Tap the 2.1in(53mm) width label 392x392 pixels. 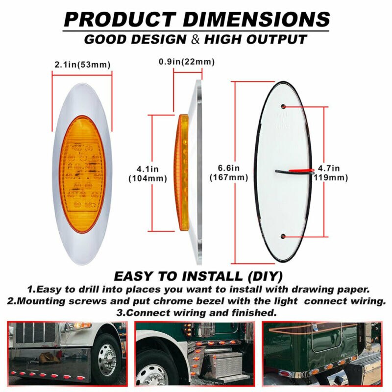click(82, 65)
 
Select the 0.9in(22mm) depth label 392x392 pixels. click(187, 62)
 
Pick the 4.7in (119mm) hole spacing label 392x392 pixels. click(332, 173)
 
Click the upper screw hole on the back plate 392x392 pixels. click(284, 106)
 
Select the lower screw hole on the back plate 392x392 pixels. click(284, 237)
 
